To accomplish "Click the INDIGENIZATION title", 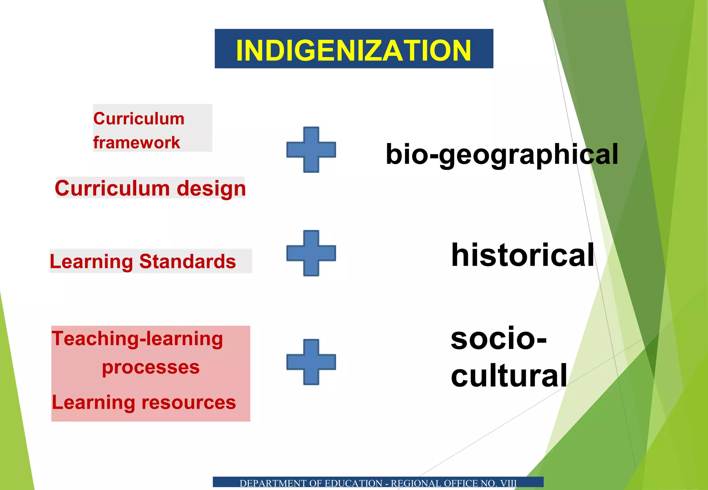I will (353, 50).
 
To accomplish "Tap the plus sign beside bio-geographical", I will (311, 150).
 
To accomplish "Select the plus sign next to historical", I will (311, 253).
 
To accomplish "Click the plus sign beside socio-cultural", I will (311, 362).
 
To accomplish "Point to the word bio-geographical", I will (502, 154).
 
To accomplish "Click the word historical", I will (522, 255).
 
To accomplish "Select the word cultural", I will (509, 375).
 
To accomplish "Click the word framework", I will (137, 142).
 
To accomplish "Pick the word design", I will (211, 189).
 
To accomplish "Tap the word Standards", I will (187, 261).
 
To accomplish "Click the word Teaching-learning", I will (137, 338).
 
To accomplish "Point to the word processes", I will (151, 367).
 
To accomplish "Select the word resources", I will (188, 403).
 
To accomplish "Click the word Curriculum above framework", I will (139, 119).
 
